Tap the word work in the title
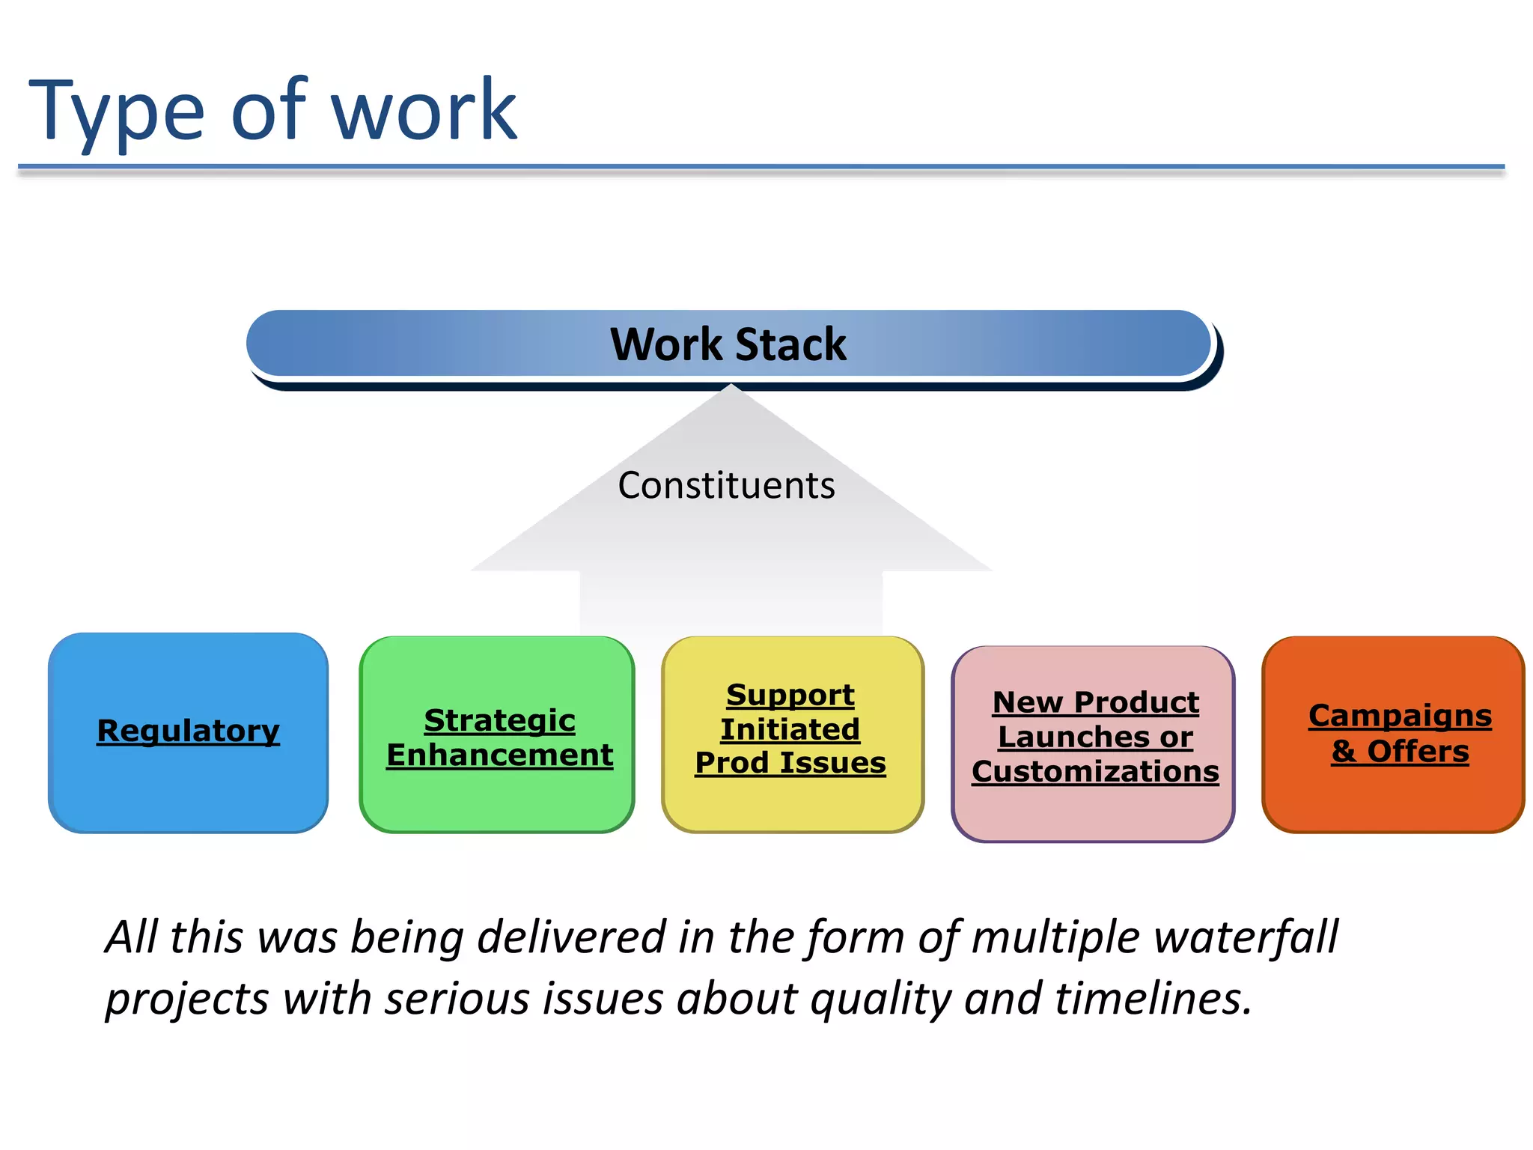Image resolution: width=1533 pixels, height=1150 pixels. coord(424,112)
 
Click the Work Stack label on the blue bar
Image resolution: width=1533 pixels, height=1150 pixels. coord(728,344)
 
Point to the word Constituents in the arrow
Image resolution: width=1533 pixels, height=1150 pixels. coord(726,485)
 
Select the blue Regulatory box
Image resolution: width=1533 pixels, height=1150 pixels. coord(188,731)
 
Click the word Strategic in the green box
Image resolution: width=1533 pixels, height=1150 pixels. coord(499,720)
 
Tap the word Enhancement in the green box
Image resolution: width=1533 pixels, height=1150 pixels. coord(499,755)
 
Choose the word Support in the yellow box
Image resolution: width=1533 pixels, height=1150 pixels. coord(790,695)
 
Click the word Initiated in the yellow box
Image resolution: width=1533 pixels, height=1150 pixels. coord(790,729)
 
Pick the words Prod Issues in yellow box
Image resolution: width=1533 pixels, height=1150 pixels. coord(790,763)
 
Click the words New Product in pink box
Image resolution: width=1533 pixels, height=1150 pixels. coord(1095,702)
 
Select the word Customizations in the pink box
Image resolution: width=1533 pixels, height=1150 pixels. coord(1095,771)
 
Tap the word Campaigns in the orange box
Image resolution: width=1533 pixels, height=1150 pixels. coord(1400,716)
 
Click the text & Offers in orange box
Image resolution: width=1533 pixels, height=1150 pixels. coord(1400,751)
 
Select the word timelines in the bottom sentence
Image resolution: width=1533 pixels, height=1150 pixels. coord(1153,998)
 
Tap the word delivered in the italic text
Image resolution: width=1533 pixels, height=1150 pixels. coord(571,937)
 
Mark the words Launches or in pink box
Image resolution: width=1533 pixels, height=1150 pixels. coord(1095,737)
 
